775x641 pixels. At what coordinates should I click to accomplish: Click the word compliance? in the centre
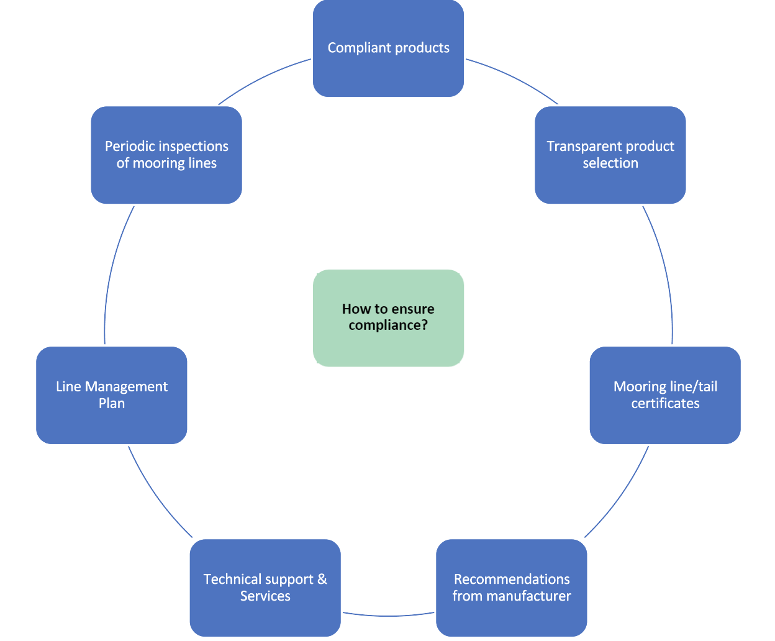(388, 325)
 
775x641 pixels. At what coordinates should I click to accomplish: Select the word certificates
(665, 404)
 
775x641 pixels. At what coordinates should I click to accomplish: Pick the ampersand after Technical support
(322, 580)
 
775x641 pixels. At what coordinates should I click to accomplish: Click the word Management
(126, 387)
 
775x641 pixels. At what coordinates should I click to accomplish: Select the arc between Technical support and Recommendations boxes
(388, 616)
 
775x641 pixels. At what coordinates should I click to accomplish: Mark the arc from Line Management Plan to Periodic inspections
(111, 273)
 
